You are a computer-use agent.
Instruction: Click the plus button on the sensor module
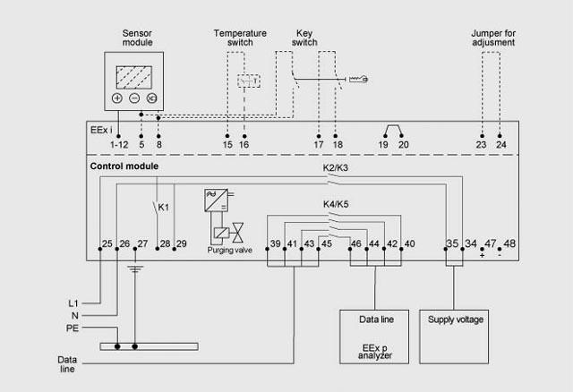coord(117,98)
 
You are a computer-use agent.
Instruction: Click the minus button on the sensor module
coord(133,98)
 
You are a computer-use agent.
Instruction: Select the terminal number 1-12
coord(118,143)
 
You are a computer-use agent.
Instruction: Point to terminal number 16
coord(244,143)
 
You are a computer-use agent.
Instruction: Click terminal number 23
coord(482,143)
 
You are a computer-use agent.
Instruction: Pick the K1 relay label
coord(164,207)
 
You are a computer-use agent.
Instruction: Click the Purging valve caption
coord(228,251)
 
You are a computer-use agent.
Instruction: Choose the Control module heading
coord(124,166)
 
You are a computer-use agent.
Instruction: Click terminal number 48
coord(509,243)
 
